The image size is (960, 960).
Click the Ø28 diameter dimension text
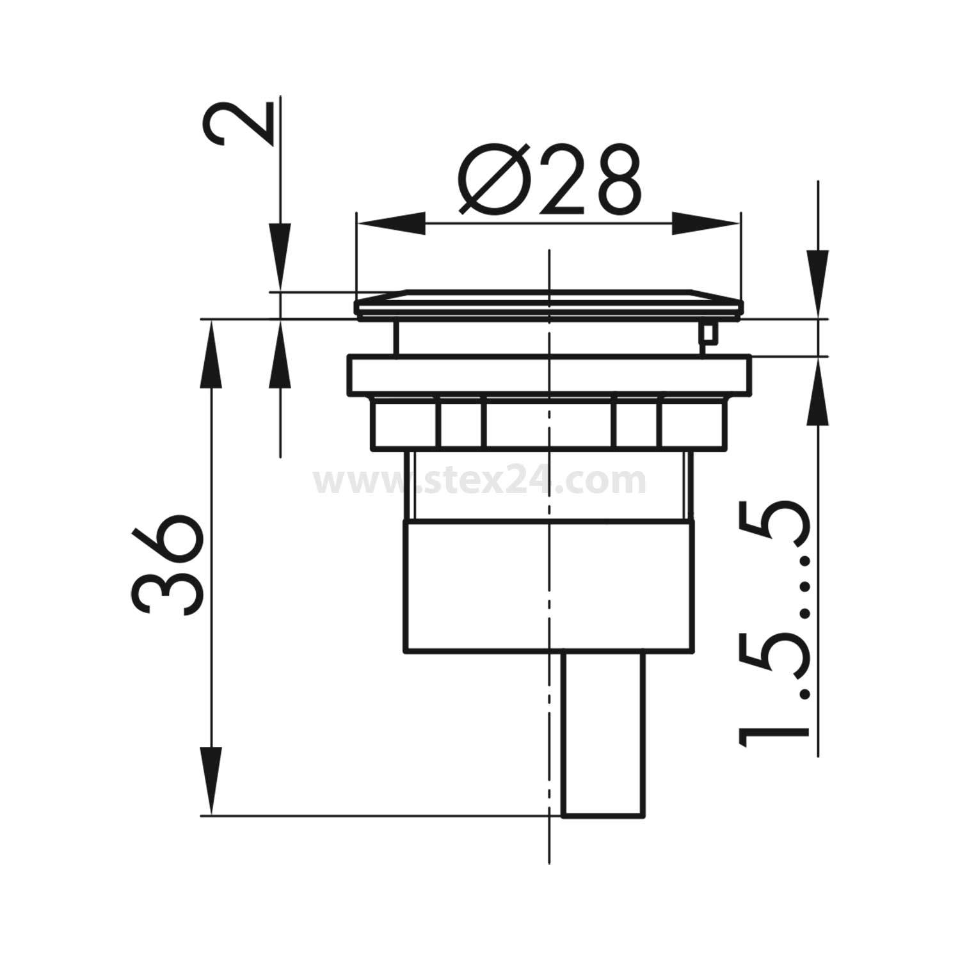[549, 180]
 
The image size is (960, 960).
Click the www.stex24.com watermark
[479, 481]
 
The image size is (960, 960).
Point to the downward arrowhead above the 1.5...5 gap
[818, 282]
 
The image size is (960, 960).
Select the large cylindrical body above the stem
[548, 588]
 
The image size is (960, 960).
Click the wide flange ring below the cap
[548, 376]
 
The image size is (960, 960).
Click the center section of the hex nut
[548, 422]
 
